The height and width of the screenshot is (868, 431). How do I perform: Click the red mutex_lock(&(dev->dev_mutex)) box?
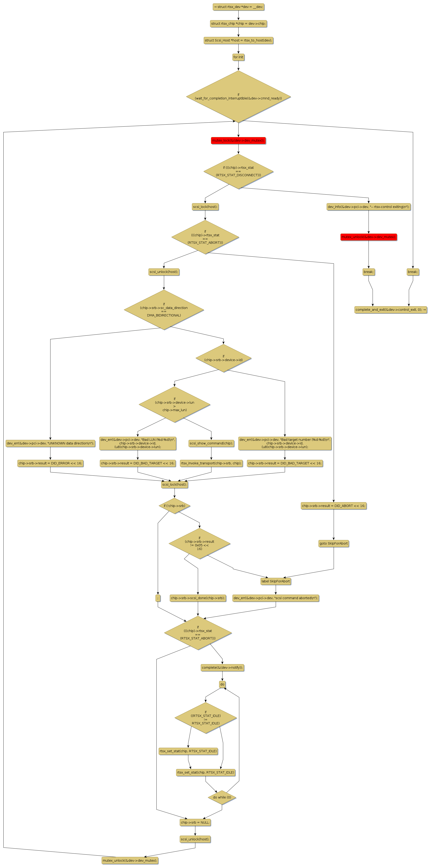[238, 140]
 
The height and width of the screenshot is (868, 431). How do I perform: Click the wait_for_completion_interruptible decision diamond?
[238, 97]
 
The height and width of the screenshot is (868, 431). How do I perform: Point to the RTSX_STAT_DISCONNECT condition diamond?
[238, 171]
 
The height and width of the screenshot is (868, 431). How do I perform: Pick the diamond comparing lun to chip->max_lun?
[175, 404]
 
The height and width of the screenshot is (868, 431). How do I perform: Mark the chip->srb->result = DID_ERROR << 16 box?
[50, 463]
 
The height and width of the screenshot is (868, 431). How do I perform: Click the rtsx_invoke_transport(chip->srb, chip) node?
[211, 463]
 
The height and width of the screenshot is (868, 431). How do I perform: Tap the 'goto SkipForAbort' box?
[333, 543]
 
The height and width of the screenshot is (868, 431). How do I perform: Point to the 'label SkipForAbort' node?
[275, 581]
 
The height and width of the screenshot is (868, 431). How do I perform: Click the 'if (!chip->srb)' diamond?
[175, 506]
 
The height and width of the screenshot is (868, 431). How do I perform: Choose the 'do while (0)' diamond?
[222, 797]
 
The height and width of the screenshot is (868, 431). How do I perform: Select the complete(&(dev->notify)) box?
[222, 668]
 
